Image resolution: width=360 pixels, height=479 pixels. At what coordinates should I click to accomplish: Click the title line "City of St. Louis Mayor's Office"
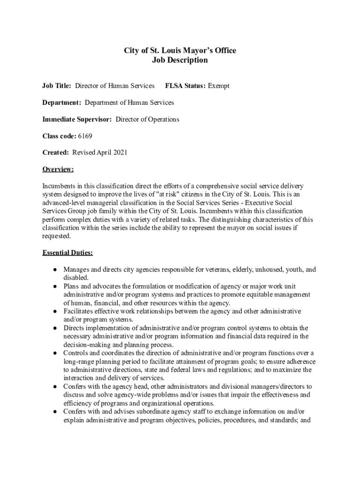pyautogui.click(x=180, y=51)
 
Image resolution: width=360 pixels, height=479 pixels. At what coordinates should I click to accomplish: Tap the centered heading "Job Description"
pyautogui.click(x=180, y=60)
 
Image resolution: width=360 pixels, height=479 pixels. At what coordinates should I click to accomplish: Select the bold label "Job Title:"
pyautogui.click(x=57, y=86)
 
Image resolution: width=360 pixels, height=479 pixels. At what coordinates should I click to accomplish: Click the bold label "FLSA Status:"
pyautogui.click(x=186, y=86)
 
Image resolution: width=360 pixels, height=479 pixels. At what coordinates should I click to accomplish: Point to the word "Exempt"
pyautogui.click(x=219, y=86)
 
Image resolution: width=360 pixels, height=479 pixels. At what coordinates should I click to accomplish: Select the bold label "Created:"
pyautogui.click(x=56, y=152)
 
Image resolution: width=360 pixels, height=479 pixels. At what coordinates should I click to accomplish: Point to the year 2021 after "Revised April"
pyautogui.click(x=120, y=152)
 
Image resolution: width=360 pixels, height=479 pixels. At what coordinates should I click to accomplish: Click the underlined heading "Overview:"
pyautogui.click(x=58, y=169)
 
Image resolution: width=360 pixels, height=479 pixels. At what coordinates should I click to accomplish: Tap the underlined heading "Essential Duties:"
pyautogui.click(x=67, y=253)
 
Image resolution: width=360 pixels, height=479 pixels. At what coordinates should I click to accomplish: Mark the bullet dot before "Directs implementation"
pyautogui.click(x=55, y=328)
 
